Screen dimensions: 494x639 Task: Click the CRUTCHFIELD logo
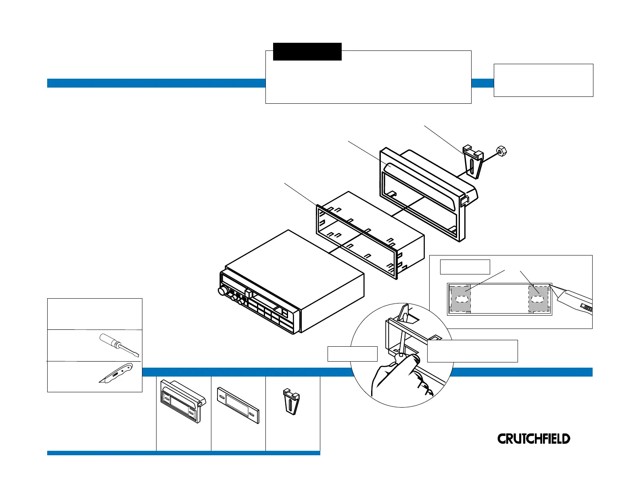[x=533, y=439]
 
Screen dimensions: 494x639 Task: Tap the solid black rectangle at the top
[x=307, y=52]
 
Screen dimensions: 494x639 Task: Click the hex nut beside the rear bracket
[x=501, y=151]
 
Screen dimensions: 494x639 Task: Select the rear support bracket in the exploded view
[x=472, y=161]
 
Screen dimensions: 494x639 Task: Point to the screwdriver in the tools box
[x=119, y=345]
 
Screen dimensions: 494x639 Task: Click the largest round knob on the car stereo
[x=222, y=291]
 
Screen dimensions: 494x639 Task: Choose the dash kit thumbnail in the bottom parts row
[x=183, y=401]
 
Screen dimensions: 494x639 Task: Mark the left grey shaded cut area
[x=460, y=299]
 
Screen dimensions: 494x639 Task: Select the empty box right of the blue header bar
[x=543, y=80]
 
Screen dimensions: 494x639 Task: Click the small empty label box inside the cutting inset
[x=465, y=267]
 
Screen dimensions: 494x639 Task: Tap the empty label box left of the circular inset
[x=352, y=354]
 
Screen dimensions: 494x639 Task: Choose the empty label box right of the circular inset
[x=472, y=351]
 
